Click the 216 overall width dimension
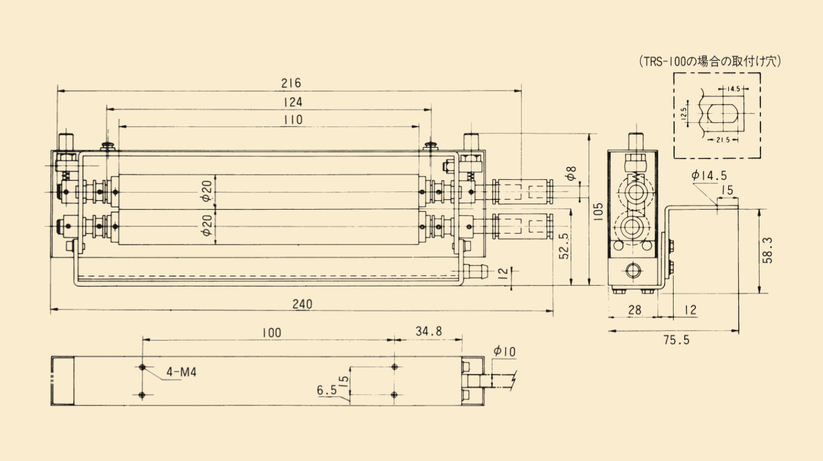pos(291,83)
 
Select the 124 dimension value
pos(293,102)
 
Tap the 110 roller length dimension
pos(293,120)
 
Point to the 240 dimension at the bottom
pos(302,304)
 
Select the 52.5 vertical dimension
pos(564,246)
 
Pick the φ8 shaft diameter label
pos(572,173)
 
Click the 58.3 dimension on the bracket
pos(768,250)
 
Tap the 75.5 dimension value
pos(676,340)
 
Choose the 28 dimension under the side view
pos(635,310)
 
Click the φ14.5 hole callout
pos(709,176)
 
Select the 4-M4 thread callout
pos(181,372)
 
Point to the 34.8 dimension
pos(428,332)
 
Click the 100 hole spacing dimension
pos(271,333)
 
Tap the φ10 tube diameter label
pos(504,351)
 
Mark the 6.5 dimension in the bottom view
pos(327,390)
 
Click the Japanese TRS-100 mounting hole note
pos(710,61)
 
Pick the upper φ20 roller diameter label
pos(207,191)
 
